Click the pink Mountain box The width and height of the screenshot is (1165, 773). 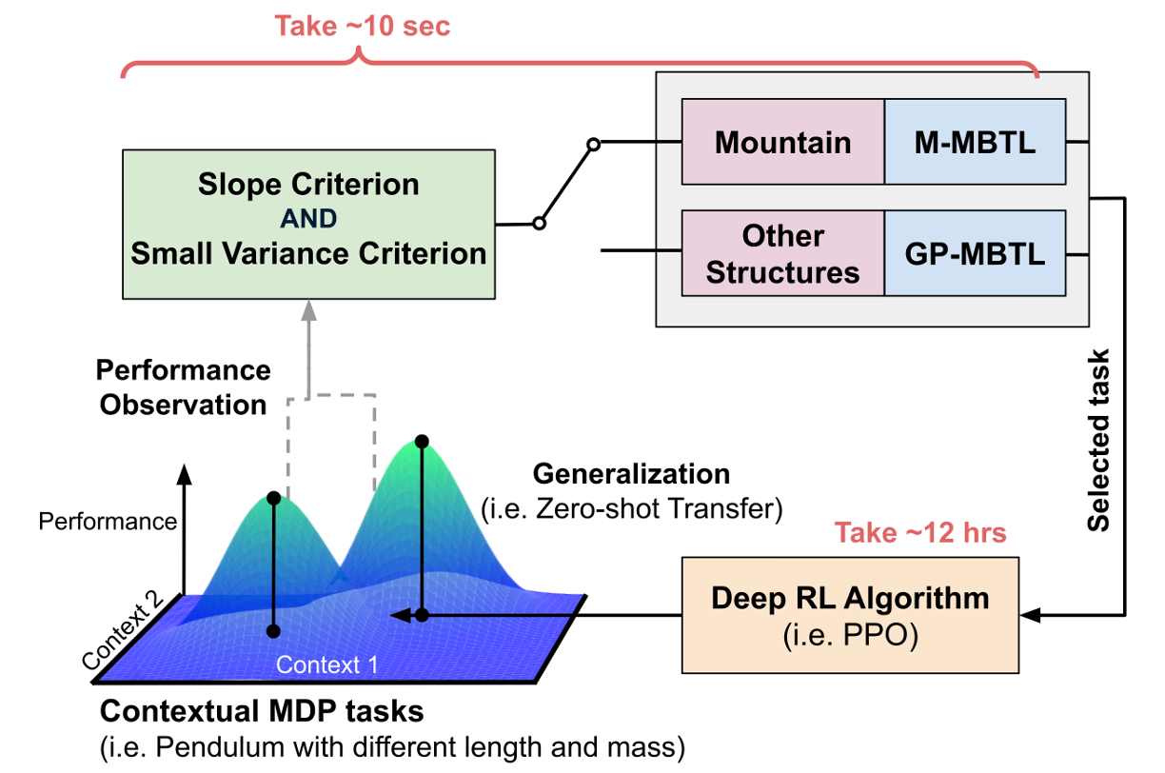point(783,143)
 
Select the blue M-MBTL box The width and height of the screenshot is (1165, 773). point(975,143)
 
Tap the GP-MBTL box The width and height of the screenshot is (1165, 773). point(975,254)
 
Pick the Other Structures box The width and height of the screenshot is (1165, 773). point(783,254)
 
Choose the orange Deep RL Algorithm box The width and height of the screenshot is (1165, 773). point(850,614)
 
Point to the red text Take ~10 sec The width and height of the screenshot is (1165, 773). point(363,26)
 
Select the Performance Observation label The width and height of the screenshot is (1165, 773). point(184,386)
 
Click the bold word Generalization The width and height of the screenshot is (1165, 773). point(632,473)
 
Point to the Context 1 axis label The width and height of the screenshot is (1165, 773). point(327,664)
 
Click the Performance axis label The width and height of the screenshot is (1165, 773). point(108,521)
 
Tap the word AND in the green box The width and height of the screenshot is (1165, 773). point(308,219)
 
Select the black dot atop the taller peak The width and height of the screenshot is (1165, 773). point(422,442)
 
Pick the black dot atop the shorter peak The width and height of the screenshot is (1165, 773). point(274,498)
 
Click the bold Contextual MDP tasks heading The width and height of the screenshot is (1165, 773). point(262,711)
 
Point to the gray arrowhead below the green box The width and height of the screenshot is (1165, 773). point(308,309)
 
